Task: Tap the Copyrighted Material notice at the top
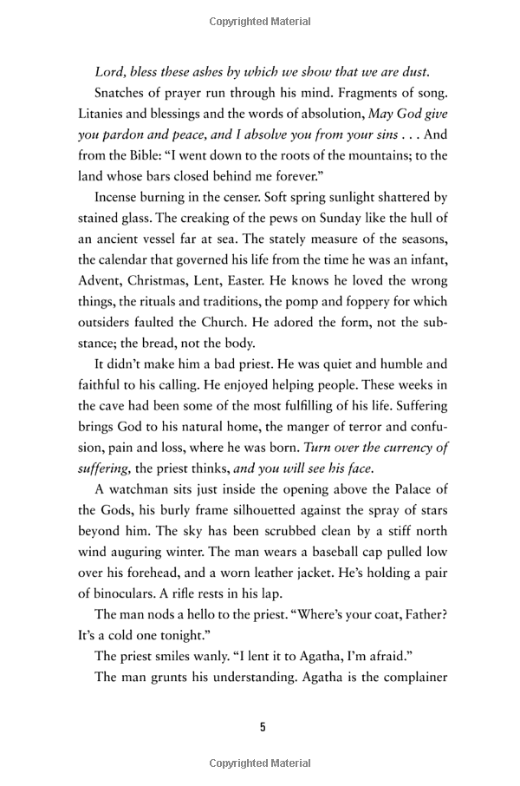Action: click(260, 16)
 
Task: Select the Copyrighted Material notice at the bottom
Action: click(260, 763)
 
